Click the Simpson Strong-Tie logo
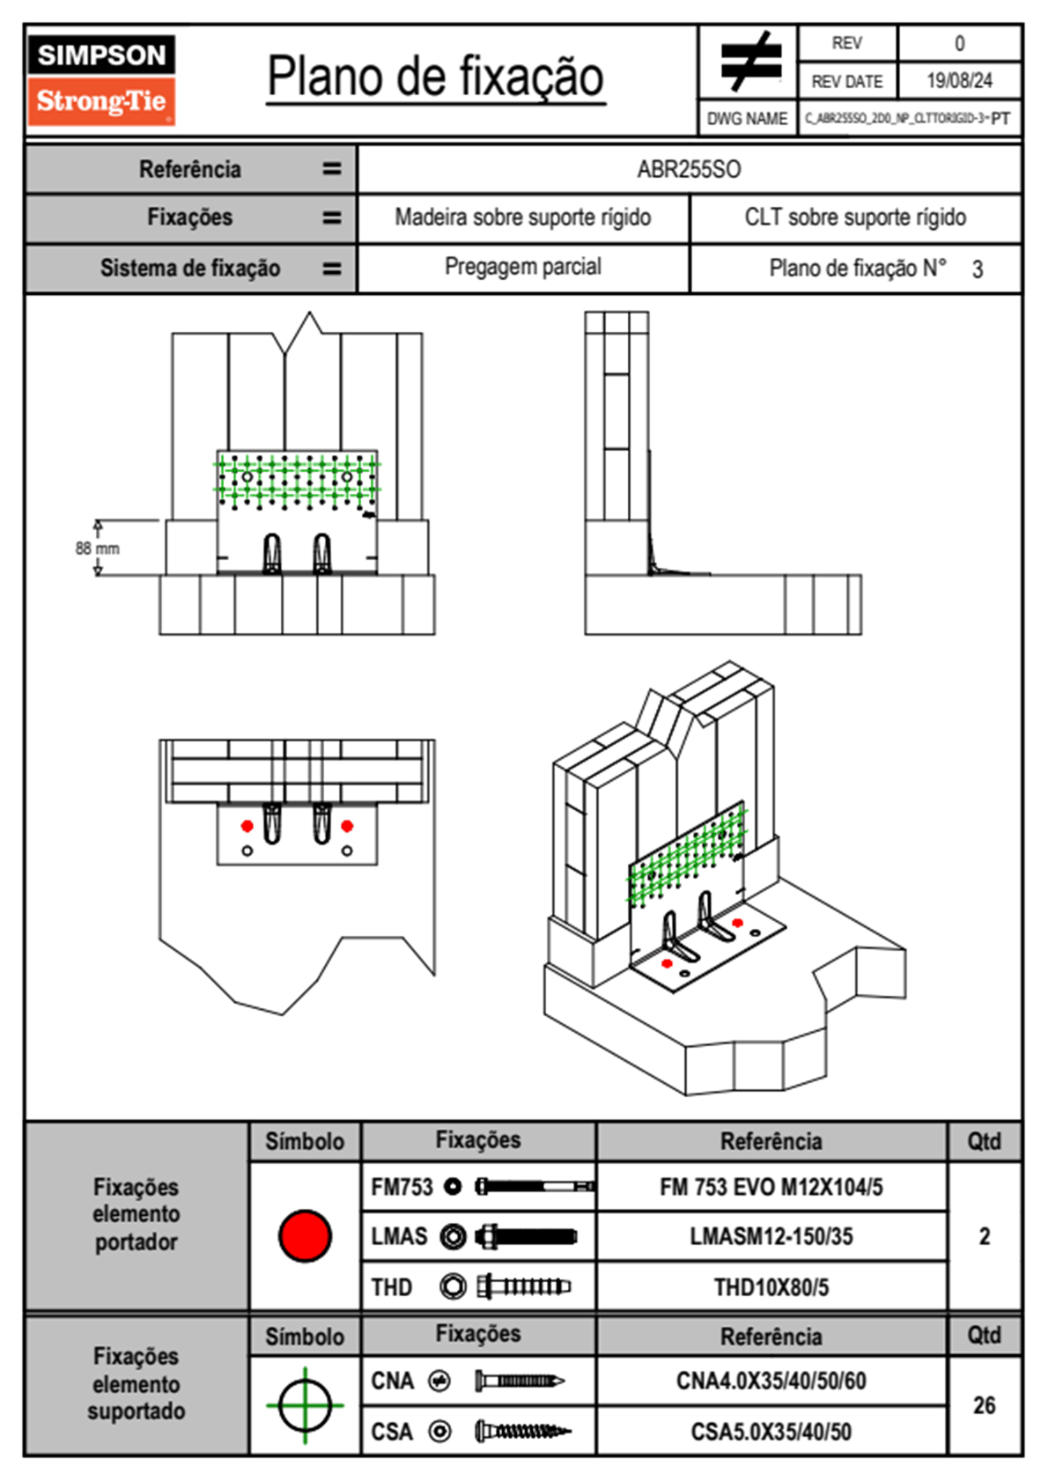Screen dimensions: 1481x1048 tap(101, 79)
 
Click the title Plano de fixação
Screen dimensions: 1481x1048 tap(436, 77)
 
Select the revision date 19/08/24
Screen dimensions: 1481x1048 tap(959, 81)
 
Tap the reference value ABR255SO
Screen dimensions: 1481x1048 tap(689, 169)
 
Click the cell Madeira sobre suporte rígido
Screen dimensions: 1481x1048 tap(523, 217)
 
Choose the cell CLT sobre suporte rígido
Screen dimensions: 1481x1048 tap(855, 217)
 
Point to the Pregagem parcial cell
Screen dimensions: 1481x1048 tap(523, 267)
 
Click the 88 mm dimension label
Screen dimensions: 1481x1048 tap(97, 548)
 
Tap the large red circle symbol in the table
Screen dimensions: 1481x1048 tap(305, 1235)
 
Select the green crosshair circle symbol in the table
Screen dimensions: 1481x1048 tap(305, 1405)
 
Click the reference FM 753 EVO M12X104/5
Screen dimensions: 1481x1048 tap(771, 1187)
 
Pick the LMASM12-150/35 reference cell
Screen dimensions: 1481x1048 tap(771, 1236)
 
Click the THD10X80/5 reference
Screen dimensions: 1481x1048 tap(771, 1287)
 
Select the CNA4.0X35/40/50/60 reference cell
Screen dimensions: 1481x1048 tap(771, 1381)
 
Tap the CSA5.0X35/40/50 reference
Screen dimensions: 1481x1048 tap(771, 1432)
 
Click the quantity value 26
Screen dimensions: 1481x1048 tap(984, 1405)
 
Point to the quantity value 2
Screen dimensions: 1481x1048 tap(984, 1236)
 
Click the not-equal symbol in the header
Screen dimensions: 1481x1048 tap(749, 62)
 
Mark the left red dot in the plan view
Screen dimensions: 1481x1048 tap(247, 826)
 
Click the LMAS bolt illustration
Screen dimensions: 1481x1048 tap(526, 1236)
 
